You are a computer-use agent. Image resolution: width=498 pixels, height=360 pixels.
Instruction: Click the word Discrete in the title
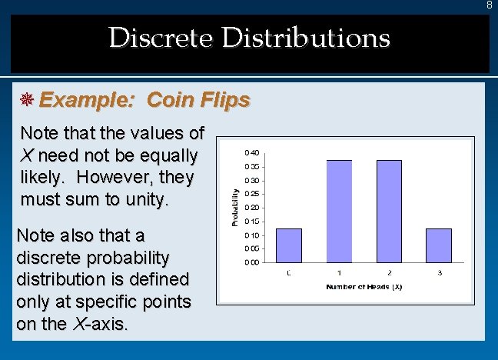(161, 38)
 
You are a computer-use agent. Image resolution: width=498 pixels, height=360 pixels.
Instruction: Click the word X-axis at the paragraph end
(101, 324)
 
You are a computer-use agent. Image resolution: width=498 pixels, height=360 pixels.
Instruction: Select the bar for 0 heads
(288, 245)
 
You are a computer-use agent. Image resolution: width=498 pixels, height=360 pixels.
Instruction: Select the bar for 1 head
(339, 212)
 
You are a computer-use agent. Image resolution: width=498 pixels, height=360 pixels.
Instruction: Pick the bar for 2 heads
(389, 212)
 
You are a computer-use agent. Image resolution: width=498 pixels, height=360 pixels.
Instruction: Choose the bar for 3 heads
(438, 245)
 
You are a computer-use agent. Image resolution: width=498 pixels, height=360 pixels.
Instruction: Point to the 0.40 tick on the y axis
(252, 152)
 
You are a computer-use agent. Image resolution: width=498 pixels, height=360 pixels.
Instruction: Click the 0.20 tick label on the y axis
(252, 208)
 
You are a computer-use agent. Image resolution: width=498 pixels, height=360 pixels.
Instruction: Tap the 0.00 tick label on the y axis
(252, 262)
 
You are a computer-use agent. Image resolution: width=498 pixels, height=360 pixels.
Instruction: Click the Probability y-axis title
(234, 208)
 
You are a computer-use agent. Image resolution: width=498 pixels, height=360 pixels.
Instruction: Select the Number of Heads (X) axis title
(364, 287)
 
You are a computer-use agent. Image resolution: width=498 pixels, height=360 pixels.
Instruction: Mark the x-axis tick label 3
(439, 273)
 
